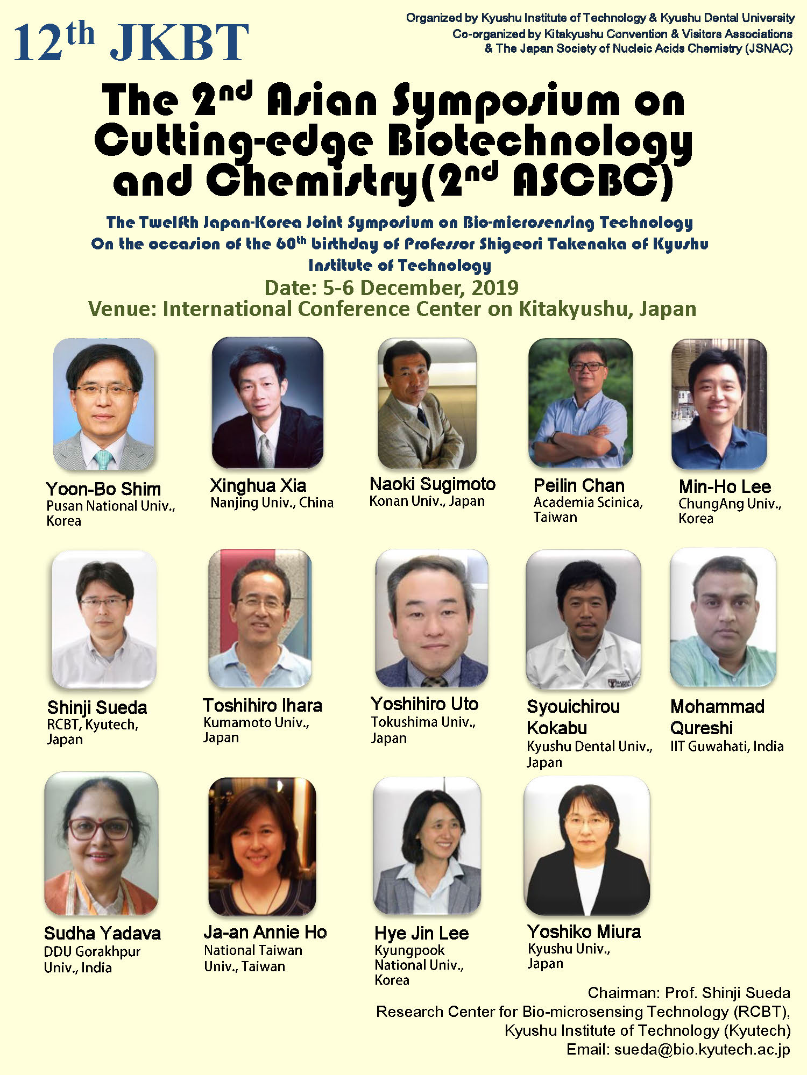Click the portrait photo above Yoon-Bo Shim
click(x=104, y=404)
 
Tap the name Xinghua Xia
click(x=258, y=485)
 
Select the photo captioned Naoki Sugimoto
click(x=427, y=403)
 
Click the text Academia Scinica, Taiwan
click(x=588, y=510)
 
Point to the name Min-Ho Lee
click(x=725, y=486)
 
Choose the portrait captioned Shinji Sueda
click(x=104, y=619)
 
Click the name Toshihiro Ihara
click(x=263, y=705)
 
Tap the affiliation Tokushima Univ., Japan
click(x=423, y=730)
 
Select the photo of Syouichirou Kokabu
click(x=583, y=619)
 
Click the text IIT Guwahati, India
click(x=727, y=746)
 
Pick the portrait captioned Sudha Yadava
click(x=102, y=843)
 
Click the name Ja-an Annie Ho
click(x=265, y=932)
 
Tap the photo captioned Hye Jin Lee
click(x=427, y=846)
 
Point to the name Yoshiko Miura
click(x=584, y=931)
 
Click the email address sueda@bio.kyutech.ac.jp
click(x=702, y=1049)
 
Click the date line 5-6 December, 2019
click(x=392, y=288)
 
